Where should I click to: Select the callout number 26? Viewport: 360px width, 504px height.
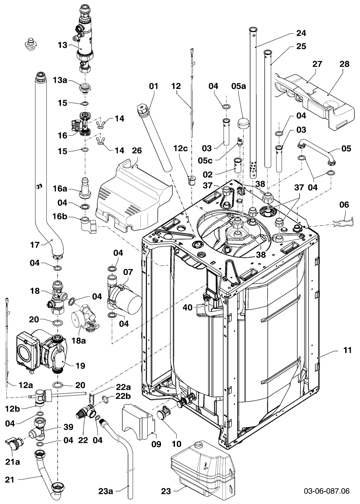(137, 150)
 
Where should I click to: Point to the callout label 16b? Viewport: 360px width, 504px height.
(60, 216)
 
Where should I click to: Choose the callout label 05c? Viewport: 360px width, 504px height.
(205, 161)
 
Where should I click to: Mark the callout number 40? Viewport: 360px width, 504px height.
(188, 307)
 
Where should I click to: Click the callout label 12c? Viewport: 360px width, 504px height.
(180, 148)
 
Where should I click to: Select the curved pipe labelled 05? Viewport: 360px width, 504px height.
(317, 150)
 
